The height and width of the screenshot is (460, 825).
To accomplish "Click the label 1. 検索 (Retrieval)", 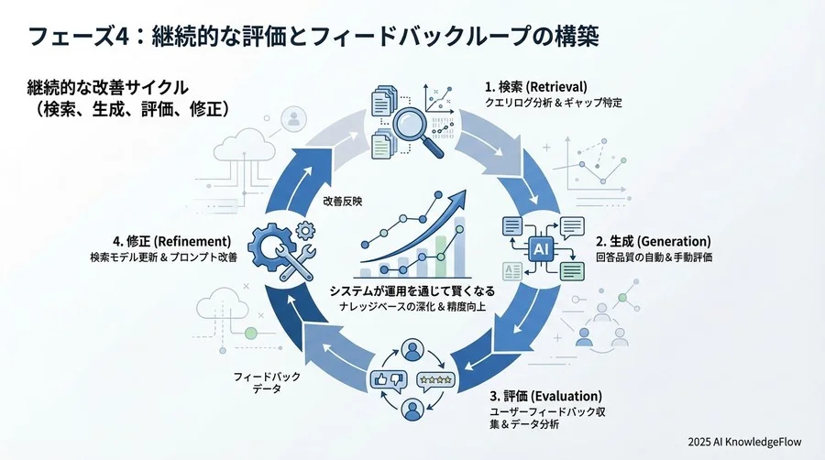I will (535, 87).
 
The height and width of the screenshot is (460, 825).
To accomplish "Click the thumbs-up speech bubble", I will (384, 379).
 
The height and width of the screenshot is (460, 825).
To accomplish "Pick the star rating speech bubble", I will (435, 379).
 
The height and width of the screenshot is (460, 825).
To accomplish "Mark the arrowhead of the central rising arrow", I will (458, 203).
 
